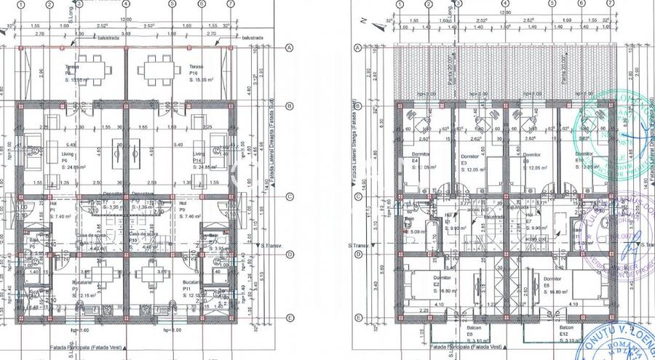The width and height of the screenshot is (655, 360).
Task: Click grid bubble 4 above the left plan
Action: click(126, 4)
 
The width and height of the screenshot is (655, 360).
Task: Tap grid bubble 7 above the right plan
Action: click(603, 4)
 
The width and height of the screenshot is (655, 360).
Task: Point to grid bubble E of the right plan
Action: click(357, 318)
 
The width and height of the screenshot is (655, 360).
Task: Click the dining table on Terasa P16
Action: click(157, 69)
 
